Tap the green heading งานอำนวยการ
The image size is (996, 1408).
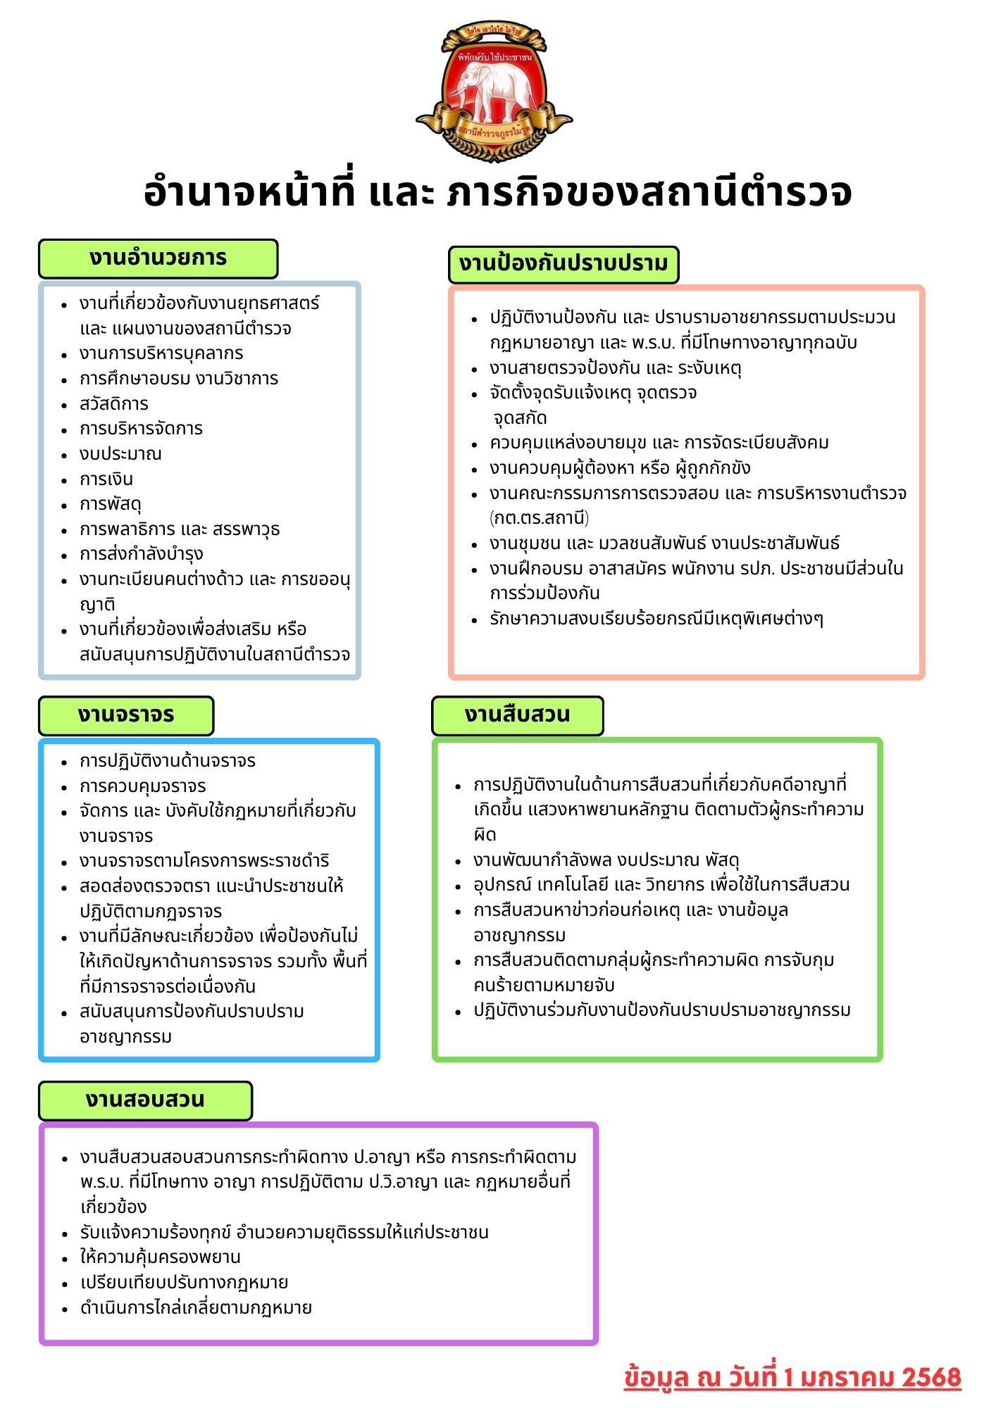pos(158,258)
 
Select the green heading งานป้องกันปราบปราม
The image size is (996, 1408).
pos(563,264)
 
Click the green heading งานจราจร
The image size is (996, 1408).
pos(126,715)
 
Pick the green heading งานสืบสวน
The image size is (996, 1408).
pos(517,715)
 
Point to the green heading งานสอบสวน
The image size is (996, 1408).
pos(145,1100)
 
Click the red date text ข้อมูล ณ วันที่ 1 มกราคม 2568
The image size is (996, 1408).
pos(792,1378)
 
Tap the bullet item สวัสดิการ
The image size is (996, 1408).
pos(114,404)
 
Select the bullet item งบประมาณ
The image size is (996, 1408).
pos(120,454)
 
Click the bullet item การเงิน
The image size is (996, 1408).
pos(106,479)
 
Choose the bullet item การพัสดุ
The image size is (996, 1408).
pos(111,504)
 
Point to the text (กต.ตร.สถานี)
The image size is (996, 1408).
pos(539,518)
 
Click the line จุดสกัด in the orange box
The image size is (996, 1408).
pos(520,418)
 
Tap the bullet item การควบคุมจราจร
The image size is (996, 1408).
pos(143,786)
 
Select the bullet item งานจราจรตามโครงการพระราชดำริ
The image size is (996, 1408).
pos(204,861)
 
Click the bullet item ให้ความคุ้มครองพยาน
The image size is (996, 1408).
pos(160,1257)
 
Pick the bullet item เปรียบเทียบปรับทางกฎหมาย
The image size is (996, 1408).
pos(184,1283)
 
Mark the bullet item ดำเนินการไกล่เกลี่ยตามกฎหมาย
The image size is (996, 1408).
pos(196,1308)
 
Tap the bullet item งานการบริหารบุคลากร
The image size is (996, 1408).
pos(161,353)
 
